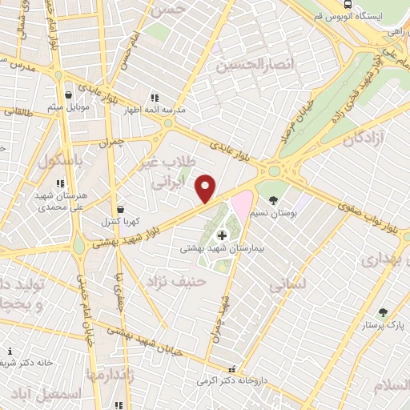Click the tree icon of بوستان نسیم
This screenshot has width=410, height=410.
click(x=275, y=199)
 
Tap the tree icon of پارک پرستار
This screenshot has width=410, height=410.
click(x=382, y=312)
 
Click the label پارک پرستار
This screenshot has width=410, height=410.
click(x=382, y=325)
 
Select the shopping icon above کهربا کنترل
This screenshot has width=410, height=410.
click(x=119, y=209)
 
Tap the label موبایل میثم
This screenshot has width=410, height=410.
click(x=66, y=107)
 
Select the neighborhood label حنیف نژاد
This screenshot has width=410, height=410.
click(x=176, y=282)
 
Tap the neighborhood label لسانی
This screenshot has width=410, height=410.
click(x=285, y=283)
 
